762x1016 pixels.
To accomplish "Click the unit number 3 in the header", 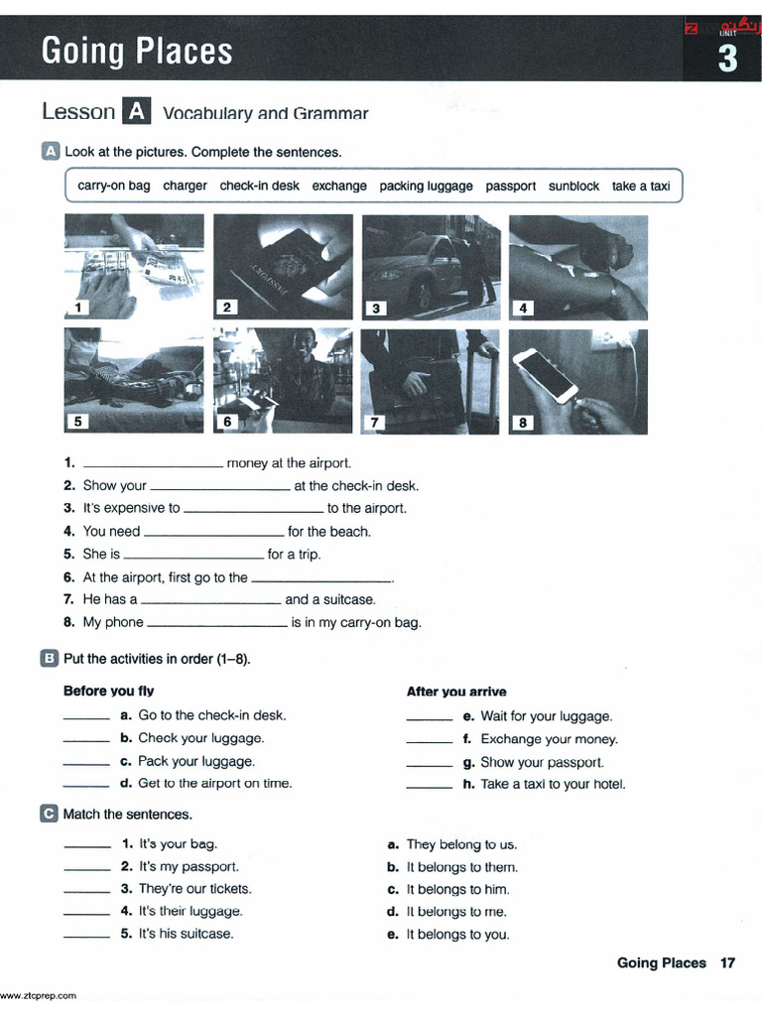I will [727, 60].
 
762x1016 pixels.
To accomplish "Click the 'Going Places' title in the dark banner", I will [137, 51].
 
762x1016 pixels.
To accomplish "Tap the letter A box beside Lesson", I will [135, 112].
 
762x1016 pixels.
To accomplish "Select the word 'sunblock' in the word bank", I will [573, 186].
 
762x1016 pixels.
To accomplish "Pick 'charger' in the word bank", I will [185, 186].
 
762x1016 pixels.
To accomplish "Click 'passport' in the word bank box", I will [510, 186].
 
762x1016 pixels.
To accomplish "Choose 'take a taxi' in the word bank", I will [641, 186].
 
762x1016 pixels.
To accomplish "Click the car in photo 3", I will [412, 266].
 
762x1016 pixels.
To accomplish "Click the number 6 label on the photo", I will [227, 422].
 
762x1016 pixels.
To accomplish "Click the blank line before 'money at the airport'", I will [153, 463].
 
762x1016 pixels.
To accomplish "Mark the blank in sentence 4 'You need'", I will [213, 532].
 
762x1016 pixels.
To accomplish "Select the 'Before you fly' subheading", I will [108, 691].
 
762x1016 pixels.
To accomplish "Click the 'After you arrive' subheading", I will [456, 692].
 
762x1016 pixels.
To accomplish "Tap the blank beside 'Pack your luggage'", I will [86, 762].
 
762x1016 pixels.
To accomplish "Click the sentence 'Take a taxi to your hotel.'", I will [553, 784].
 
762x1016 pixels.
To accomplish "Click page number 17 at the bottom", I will [727, 962].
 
